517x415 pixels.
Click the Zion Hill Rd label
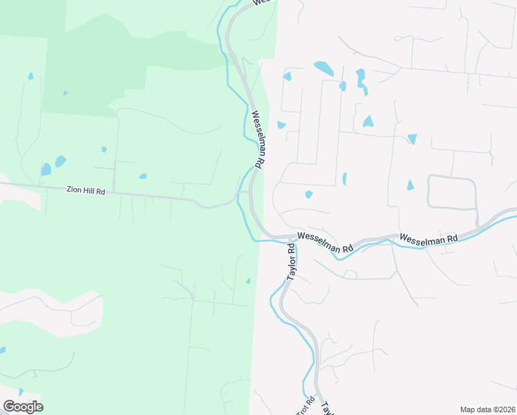click(86, 190)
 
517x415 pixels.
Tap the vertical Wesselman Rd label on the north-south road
click(256, 140)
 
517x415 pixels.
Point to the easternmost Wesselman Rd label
click(429, 239)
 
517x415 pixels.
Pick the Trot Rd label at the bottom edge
click(305, 406)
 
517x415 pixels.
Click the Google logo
click(23, 407)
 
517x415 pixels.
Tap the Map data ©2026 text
click(487, 409)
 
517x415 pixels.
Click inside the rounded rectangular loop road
click(451, 192)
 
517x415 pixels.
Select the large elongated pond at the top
click(323, 68)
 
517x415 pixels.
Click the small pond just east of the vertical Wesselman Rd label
click(281, 125)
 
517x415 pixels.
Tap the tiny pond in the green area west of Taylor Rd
click(248, 280)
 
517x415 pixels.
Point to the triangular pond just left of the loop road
click(411, 185)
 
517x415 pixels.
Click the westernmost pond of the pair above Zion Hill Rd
click(46, 169)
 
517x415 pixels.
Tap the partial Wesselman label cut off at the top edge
click(261, 3)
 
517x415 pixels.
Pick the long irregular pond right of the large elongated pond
click(361, 81)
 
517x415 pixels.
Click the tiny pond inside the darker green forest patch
click(65, 93)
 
